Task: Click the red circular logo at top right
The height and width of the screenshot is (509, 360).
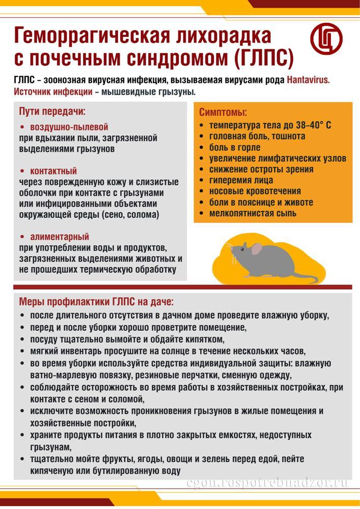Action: [x=326, y=38]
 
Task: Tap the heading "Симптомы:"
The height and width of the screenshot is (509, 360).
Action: [x=223, y=112]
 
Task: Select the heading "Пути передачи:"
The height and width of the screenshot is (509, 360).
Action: [x=52, y=111]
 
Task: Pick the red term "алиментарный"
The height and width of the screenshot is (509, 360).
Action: [x=60, y=237]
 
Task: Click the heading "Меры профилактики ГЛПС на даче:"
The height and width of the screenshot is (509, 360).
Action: [x=96, y=300]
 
